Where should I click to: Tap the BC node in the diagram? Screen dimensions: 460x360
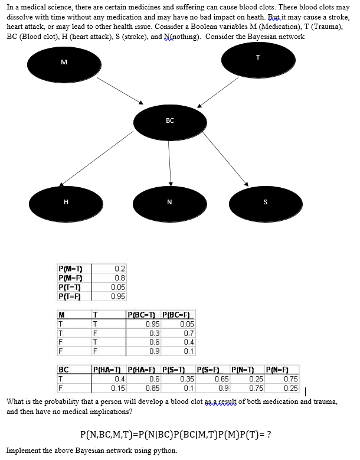[x=170, y=121]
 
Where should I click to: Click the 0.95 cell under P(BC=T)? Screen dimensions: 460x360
[x=152, y=324]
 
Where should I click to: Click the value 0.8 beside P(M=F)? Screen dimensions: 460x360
[x=120, y=278]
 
